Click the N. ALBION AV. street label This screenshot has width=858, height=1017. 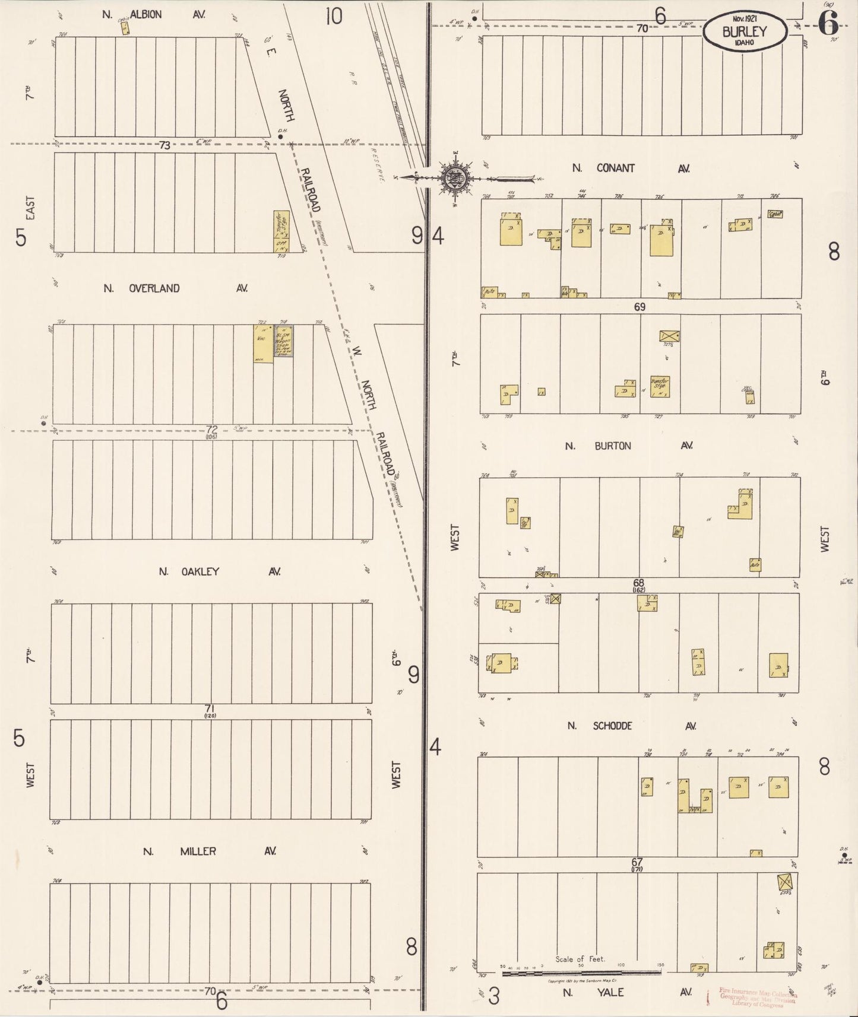click(x=153, y=14)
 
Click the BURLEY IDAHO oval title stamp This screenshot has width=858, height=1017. click(x=745, y=32)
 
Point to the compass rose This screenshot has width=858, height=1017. click(x=455, y=177)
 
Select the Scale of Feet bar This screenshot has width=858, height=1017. click(x=582, y=972)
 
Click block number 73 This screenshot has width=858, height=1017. click(x=164, y=145)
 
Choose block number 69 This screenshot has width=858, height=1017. click(x=639, y=307)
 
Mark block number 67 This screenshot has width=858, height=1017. click(x=637, y=862)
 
